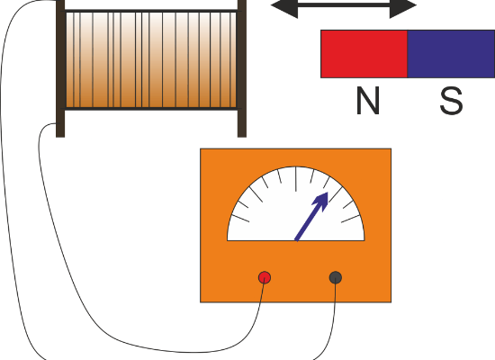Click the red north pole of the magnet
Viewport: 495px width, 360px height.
click(364, 54)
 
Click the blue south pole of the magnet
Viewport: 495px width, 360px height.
click(451, 54)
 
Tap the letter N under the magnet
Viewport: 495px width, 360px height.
click(368, 101)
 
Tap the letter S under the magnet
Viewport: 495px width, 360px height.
click(452, 101)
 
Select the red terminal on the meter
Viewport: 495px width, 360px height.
click(265, 277)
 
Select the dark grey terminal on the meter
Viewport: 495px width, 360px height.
click(336, 277)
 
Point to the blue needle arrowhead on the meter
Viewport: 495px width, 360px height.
click(321, 201)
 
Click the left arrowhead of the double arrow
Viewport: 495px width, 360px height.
click(284, 6)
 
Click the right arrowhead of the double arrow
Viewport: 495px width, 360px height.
click(403, 6)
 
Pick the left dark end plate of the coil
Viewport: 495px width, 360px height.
click(60, 68)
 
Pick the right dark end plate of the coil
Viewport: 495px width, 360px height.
click(242, 68)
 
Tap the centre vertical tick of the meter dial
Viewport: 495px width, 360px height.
click(296, 179)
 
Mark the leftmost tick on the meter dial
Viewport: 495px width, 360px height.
click(240, 219)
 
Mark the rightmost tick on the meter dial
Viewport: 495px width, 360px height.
click(350, 219)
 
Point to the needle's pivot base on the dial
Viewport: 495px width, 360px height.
click(296, 239)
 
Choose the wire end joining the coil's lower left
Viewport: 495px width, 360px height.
click(57, 123)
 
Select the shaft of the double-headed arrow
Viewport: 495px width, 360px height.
click(344, 5)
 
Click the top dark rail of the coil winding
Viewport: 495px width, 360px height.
click(151, 11)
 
